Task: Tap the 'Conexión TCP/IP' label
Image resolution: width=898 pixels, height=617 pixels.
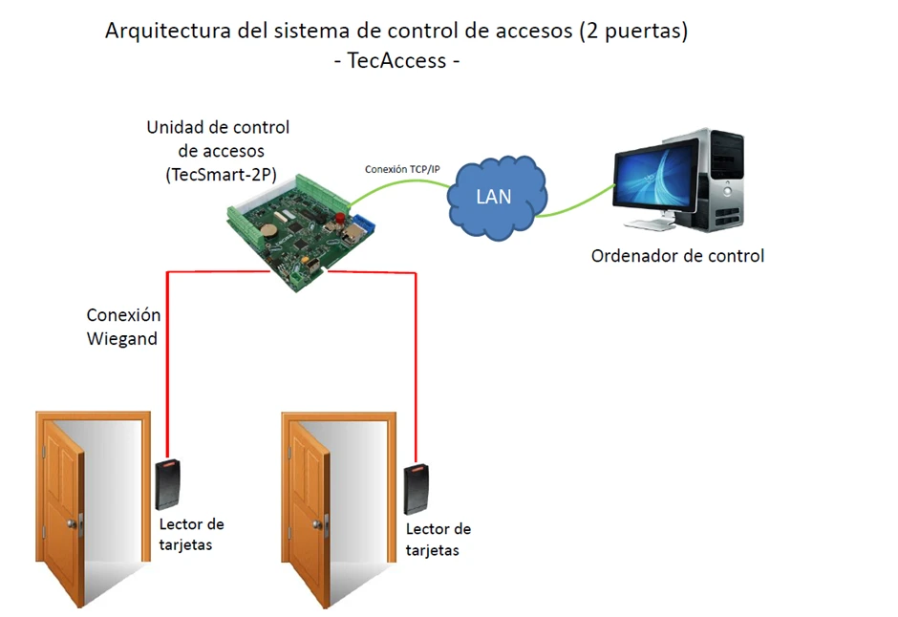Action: coord(402,169)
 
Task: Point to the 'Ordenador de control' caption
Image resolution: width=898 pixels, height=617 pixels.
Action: coord(677,256)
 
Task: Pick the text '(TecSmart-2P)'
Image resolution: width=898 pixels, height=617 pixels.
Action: coord(218,175)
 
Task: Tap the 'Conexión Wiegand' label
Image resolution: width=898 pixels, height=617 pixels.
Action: coord(122,327)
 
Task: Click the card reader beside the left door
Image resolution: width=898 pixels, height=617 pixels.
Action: coord(169,485)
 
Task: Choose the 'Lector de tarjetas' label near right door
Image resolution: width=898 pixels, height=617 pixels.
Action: coord(438,540)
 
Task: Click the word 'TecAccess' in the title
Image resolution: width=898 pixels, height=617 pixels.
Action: coord(397,60)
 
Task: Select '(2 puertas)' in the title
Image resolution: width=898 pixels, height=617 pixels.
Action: coord(633,31)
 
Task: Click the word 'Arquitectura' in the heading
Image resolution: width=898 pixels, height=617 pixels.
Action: coord(166,31)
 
